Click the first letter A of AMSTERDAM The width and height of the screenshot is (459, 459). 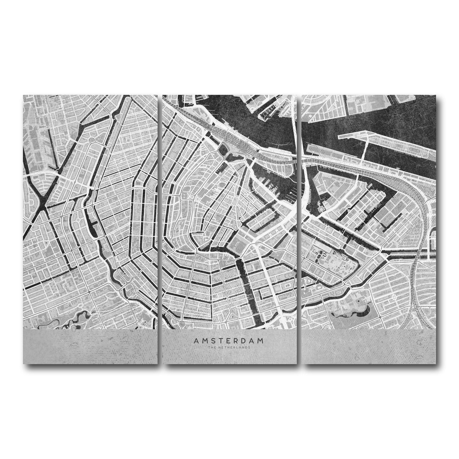195,340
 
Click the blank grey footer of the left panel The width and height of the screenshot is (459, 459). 90,346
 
